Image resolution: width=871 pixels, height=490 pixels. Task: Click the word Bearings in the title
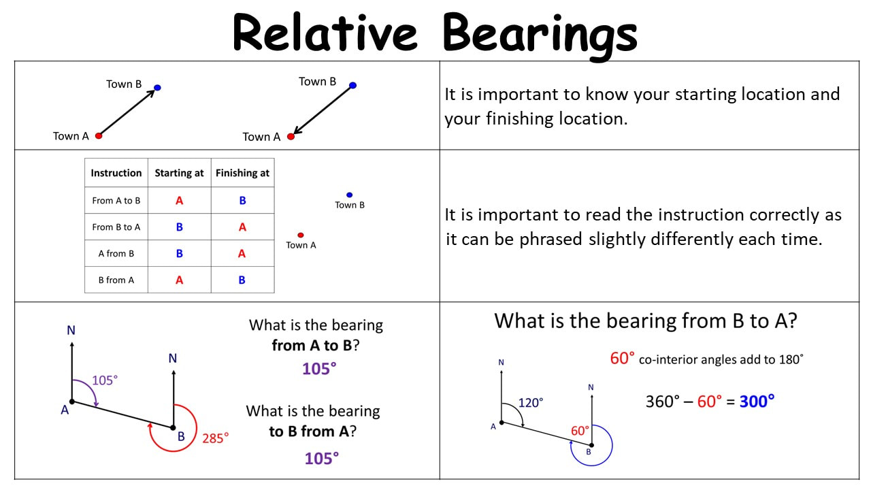coord(540,35)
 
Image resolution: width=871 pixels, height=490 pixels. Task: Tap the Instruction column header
coord(116,173)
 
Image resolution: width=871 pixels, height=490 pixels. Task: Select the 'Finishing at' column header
coord(243,173)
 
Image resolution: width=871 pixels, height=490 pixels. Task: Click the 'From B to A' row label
coord(116,227)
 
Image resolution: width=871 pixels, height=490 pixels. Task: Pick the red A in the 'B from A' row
coord(179,280)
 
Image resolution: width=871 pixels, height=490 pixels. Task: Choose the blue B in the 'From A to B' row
coord(243,200)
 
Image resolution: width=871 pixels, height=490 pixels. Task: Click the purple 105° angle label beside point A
coord(105,380)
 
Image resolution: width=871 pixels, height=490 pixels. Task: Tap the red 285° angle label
coord(216,438)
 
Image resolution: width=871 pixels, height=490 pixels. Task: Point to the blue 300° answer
coord(757,402)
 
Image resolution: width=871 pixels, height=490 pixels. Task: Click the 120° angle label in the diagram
coord(531,403)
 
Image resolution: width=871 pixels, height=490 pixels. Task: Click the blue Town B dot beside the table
coord(349,195)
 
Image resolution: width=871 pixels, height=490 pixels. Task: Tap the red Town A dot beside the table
coord(301,235)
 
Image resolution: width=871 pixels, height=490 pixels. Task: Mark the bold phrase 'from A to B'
coord(312,345)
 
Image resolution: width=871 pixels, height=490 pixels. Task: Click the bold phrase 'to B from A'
coord(309,431)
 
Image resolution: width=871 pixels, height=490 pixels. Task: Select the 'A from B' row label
coord(116,254)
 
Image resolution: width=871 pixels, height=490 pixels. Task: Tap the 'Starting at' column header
coord(179,173)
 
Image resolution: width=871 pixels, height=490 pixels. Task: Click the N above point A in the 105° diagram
coord(71,330)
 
